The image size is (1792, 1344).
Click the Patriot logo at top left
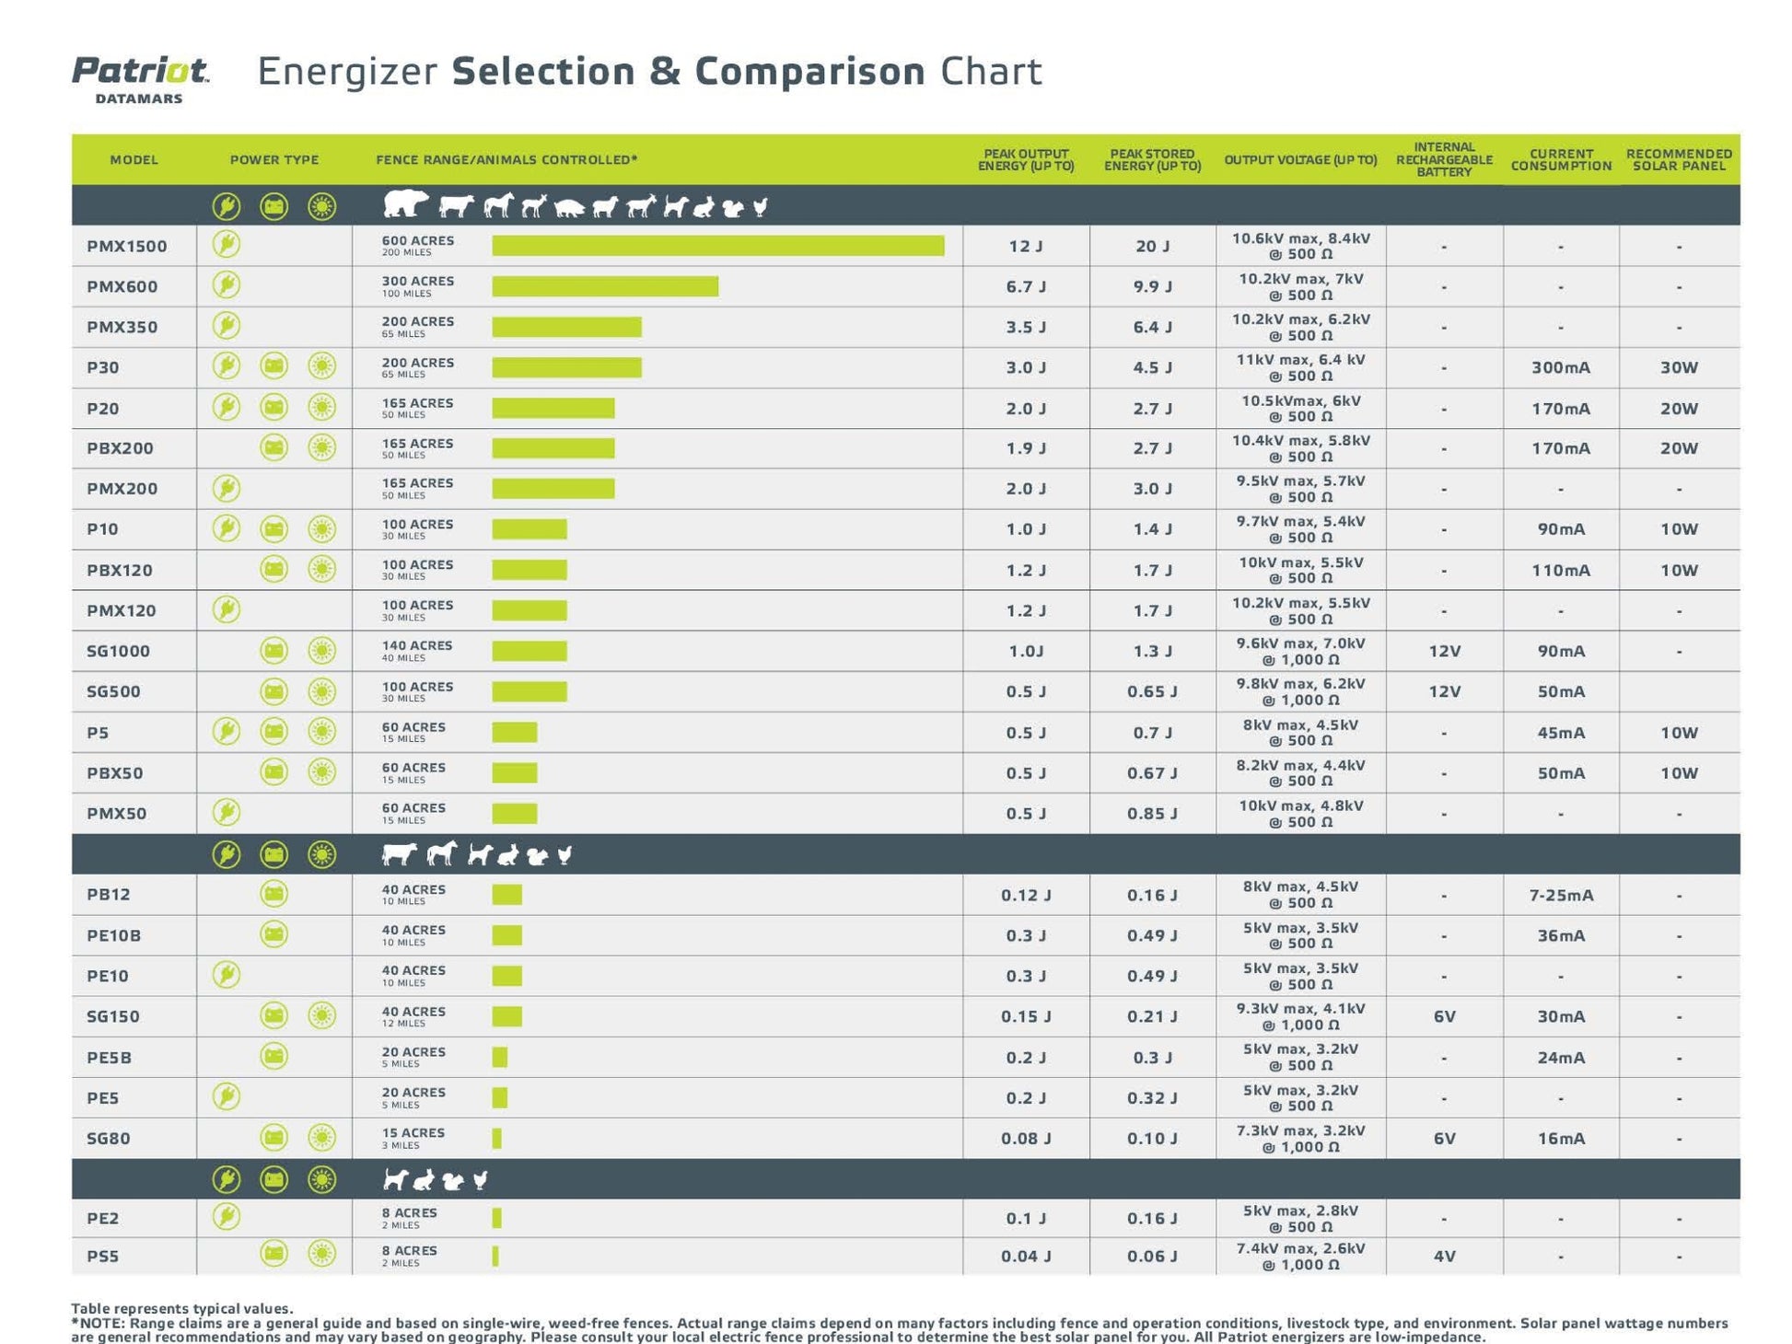coord(140,78)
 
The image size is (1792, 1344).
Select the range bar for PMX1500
coord(717,245)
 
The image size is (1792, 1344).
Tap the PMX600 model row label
coord(122,286)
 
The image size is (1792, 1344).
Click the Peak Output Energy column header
coord(1025,159)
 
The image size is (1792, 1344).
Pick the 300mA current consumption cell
coord(1560,367)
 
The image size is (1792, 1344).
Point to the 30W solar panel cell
coord(1678,367)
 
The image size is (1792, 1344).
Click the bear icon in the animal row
coord(405,203)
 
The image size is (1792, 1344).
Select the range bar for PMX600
coord(605,286)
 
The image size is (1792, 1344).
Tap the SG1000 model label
coord(118,651)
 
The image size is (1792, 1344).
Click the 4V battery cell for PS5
coord(1444,1256)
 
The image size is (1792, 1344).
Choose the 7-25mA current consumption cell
coord(1560,895)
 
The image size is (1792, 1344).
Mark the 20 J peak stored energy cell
coord(1152,246)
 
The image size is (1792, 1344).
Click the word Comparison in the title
coord(809,72)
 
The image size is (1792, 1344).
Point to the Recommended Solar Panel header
coord(1678,159)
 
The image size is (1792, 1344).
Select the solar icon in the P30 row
coord(321,366)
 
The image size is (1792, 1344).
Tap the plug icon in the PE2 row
coord(227,1217)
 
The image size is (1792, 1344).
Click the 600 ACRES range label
coord(418,240)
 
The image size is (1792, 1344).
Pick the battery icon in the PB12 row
coord(273,894)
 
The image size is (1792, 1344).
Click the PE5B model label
coord(109,1058)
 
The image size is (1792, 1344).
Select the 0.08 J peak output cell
coord(1025,1139)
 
